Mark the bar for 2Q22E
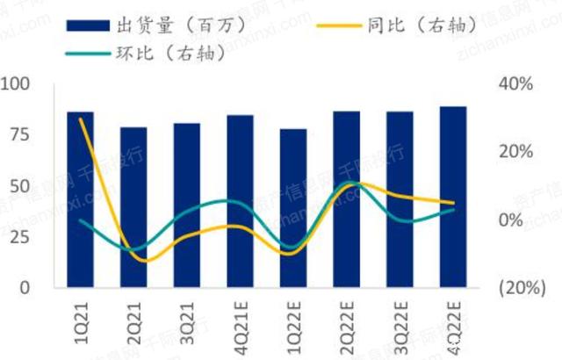[x=346, y=199]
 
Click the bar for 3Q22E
[x=400, y=199]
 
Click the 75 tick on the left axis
[x=18, y=134]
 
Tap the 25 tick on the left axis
[x=18, y=237]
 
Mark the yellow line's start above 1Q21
[x=81, y=119]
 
